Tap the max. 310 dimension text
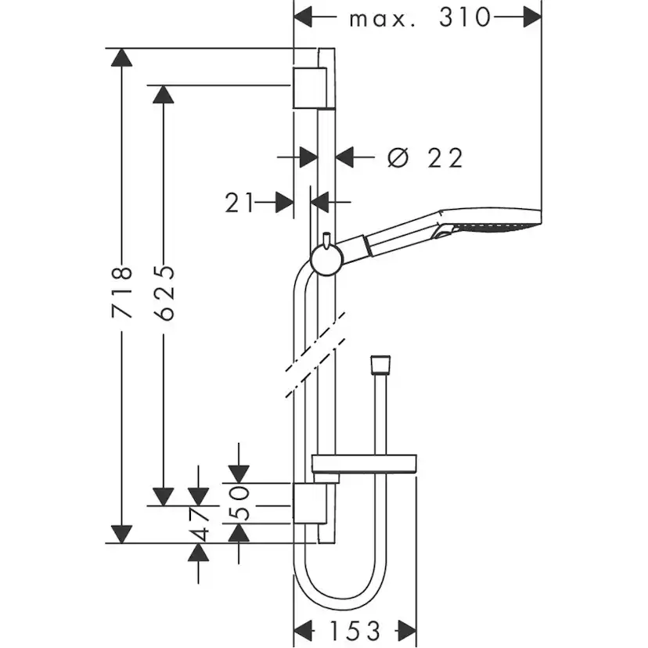click(x=419, y=17)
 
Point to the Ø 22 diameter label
click(x=426, y=158)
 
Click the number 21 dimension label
click(x=240, y=203)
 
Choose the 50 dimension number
click(x=240, y=502)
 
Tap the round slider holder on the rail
click(x=325, y=259)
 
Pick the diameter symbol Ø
click(x=398, y=158)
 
